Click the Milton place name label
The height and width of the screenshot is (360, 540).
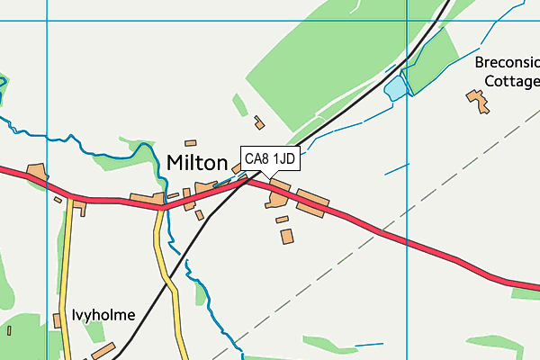point(197,163)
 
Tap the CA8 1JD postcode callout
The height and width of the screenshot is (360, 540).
point(270,159)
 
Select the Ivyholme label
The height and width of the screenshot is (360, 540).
point(103,315)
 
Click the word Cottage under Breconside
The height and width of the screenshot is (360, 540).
point(509,80)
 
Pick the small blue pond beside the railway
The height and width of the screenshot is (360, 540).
point(395,88)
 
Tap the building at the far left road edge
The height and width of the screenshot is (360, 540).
point(37,172)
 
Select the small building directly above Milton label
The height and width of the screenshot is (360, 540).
point(190,142)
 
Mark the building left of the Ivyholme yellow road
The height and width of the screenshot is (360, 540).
point(57,346)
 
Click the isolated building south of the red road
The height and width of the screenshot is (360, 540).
point(287,237)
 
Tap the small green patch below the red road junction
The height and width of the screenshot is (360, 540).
point(202,294)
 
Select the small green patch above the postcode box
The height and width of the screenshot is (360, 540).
point(239,105)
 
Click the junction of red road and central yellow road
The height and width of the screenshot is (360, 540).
point(162,207)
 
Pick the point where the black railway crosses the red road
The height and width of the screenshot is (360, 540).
point(248,180)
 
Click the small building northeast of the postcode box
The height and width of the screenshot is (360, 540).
point(260,122)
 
